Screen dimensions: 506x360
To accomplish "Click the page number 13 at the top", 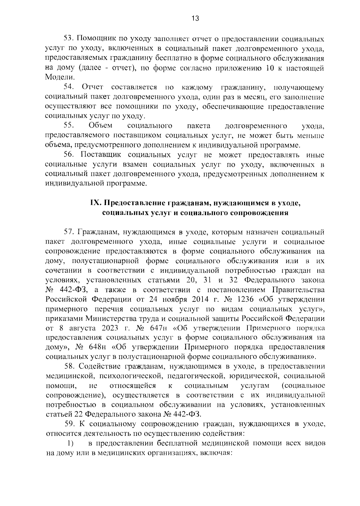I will (x=195, y=19).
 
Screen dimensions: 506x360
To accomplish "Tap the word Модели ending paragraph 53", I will (x=57, y=77).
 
